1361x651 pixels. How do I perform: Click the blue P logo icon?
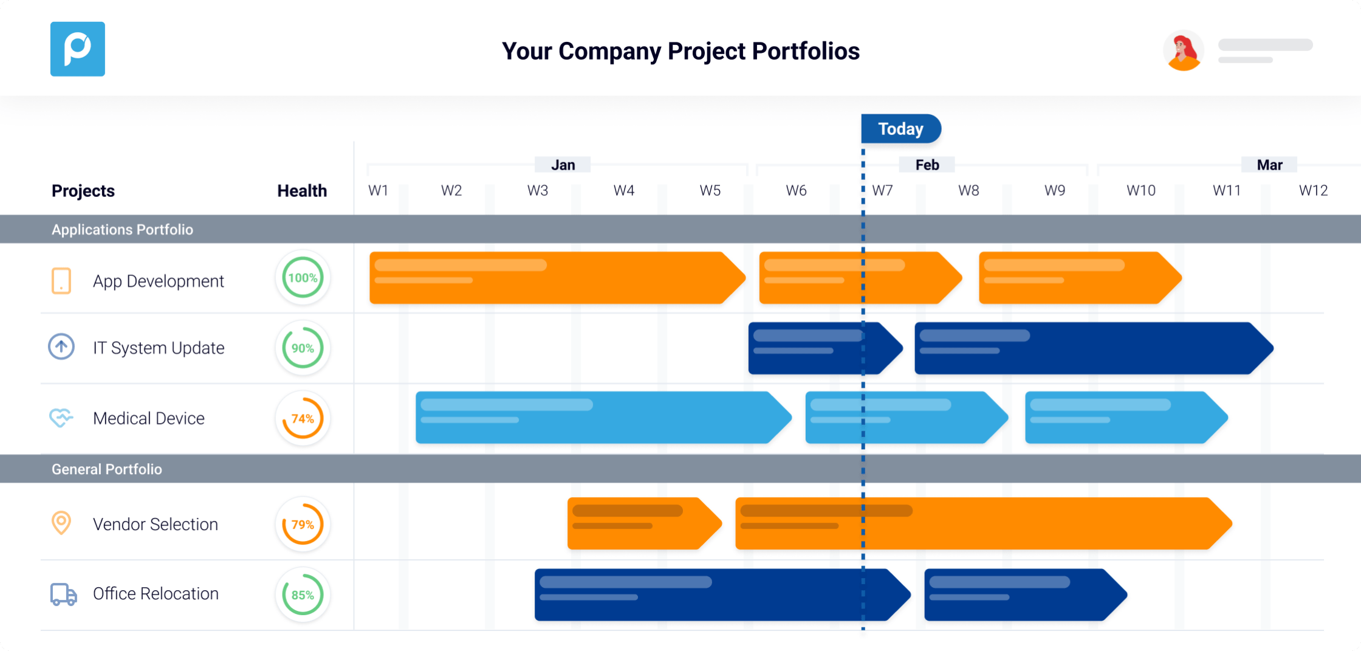click(77, 49)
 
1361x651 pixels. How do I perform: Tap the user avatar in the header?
click(1183, 50)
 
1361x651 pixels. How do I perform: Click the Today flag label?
click(901, 129)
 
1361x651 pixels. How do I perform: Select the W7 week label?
click(882, 191)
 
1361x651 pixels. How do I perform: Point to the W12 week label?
click(1313, 191)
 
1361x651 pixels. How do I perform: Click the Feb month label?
click(927, 165)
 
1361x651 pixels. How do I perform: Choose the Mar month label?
click(1269, 165)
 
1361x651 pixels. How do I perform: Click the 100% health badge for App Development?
click(303, 278)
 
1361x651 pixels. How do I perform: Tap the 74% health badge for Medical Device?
click(303, 418)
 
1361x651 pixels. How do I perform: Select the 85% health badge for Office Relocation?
click(303, 594)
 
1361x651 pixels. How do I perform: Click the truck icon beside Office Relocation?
click(63, 594)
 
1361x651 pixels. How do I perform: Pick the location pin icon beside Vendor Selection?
click(61, 523)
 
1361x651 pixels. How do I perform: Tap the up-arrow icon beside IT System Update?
click(61, 347)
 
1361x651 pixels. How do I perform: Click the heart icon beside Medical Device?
click(61, 418)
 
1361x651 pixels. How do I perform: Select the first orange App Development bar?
click(557, 278)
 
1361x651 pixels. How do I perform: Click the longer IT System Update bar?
click(1094, 348)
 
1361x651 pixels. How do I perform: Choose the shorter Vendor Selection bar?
click(645, 523)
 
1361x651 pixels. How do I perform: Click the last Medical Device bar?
click(1126, 418)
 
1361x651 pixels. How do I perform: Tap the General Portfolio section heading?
click(107, 469)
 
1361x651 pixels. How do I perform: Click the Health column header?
click(302, 191)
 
